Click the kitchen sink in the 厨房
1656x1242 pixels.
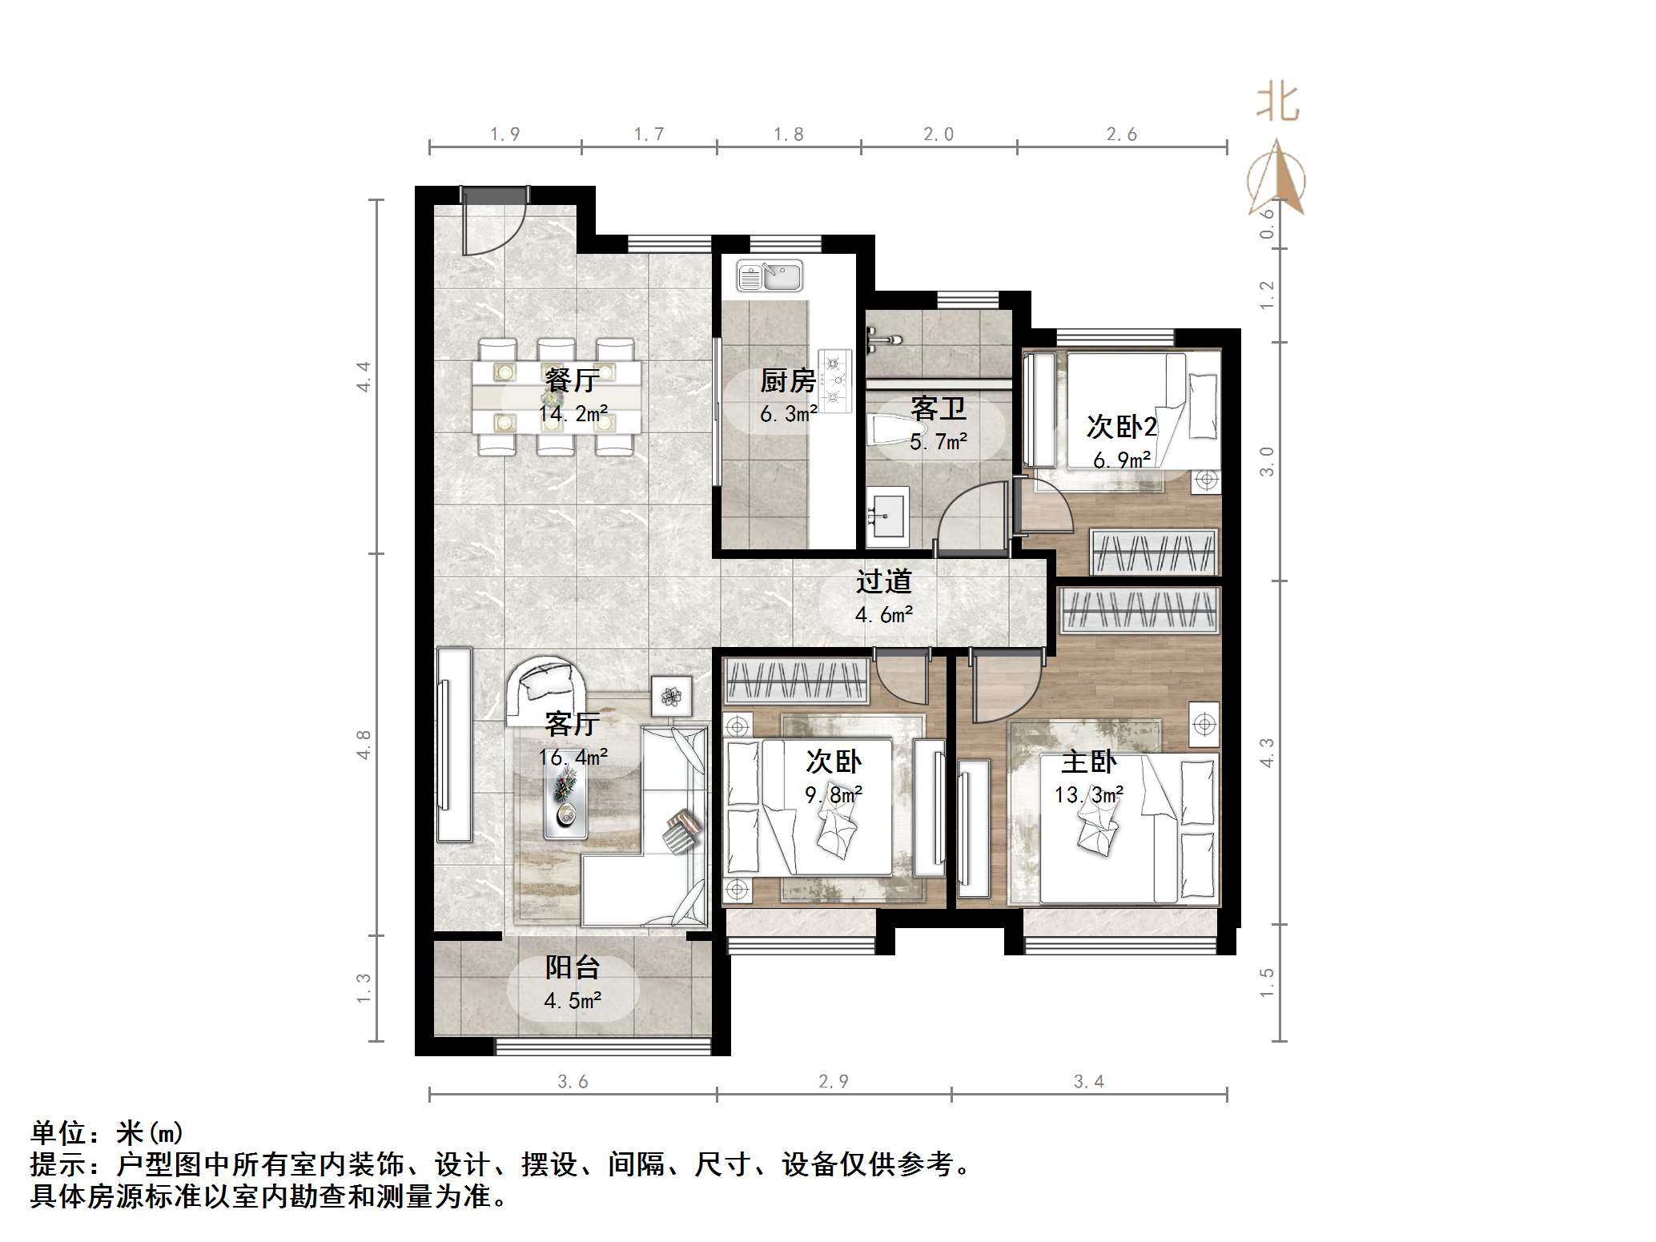[769, 277]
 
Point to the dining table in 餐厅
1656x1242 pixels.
[557, 396]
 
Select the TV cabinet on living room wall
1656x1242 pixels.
[454, 745]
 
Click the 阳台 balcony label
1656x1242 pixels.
[573, 968]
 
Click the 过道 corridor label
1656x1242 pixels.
[884, 581]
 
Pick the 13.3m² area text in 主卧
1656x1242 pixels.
[1088, 795]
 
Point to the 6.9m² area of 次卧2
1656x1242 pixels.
[1122, 460]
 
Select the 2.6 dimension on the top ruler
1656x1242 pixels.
[1121, 135]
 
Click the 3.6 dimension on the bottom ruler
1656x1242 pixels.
[573, 1082]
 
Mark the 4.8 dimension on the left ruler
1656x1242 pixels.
[364, 745]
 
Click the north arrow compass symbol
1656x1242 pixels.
[1276, 180]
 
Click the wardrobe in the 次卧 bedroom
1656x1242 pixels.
[796, 681]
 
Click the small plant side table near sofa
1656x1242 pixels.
[671, 695]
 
